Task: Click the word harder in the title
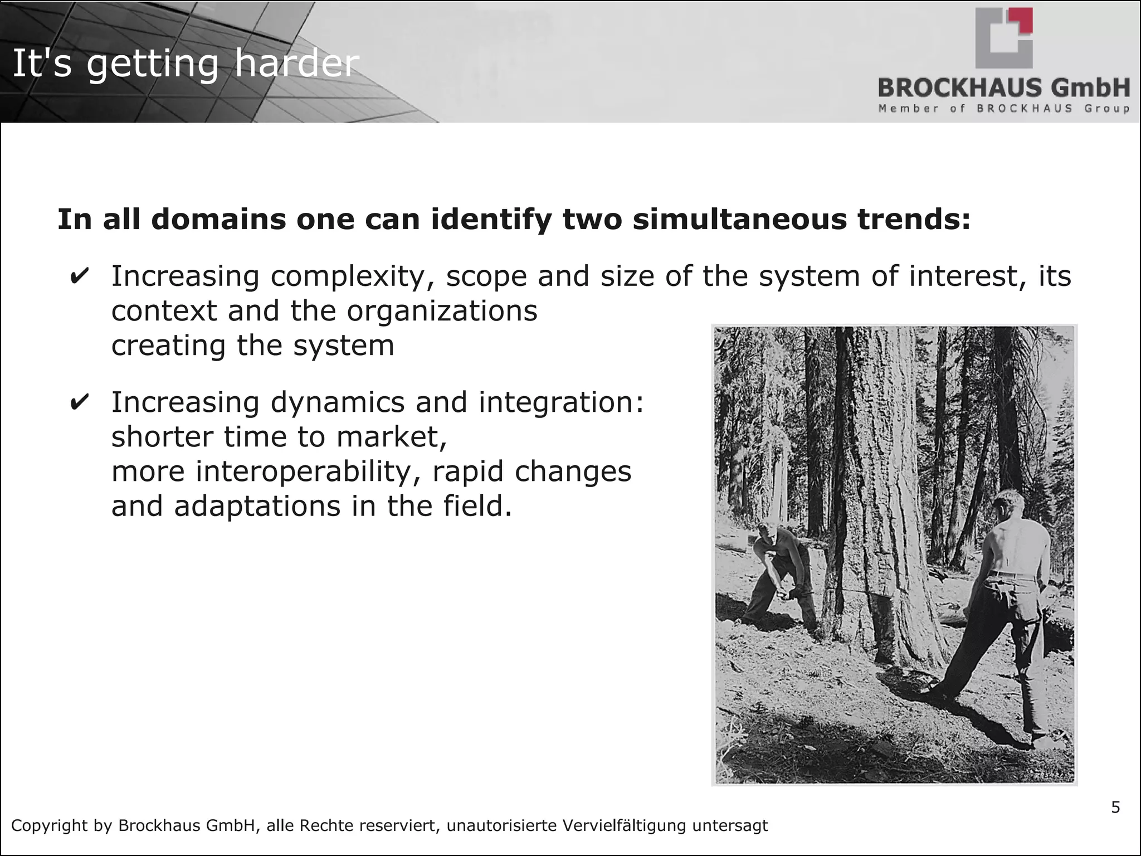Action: [296, 64]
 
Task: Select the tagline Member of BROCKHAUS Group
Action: [1004, 108]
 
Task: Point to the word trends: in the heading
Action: [914, 219]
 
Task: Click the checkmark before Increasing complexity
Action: [80, 277]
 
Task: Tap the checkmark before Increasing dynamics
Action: [80, 402]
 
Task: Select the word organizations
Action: [442, 310]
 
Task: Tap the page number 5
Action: [1115, 808]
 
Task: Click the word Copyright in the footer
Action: [48, 825]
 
